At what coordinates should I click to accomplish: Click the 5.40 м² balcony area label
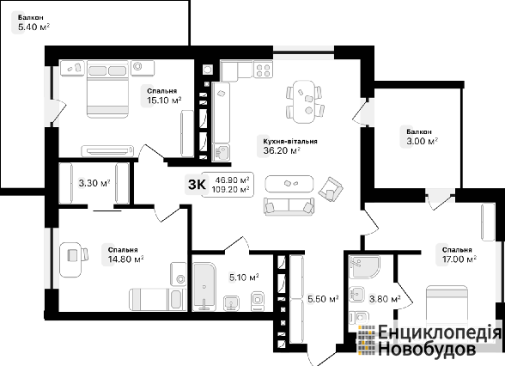point(33,27)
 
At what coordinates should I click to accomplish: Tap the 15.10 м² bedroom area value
point(164,101)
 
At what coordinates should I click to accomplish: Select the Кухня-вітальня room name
point(290,141)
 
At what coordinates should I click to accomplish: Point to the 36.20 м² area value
point(282,150)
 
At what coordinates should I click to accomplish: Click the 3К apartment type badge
point(197,185)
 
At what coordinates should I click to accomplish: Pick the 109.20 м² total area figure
point(230,189)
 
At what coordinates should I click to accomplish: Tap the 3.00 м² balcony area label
point(423,141)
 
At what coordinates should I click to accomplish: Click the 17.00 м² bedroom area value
point(459,259)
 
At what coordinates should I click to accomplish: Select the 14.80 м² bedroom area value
point(125,259)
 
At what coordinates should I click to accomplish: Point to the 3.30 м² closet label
point(94,183)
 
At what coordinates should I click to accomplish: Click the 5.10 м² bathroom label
point(244,277)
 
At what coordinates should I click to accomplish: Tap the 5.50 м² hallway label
point(323,299)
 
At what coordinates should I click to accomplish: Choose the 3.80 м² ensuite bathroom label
point(385,299)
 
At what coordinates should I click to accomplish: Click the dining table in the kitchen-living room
point(304,101)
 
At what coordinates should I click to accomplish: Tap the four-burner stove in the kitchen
point(263,70)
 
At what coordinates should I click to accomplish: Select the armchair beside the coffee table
point(330,189)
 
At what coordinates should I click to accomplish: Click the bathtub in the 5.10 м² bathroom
point(204,286)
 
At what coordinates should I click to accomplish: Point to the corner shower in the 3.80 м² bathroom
point(364,267)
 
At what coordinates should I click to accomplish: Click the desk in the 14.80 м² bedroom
point(70,259)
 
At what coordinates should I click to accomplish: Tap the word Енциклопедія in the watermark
point(440,333)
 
